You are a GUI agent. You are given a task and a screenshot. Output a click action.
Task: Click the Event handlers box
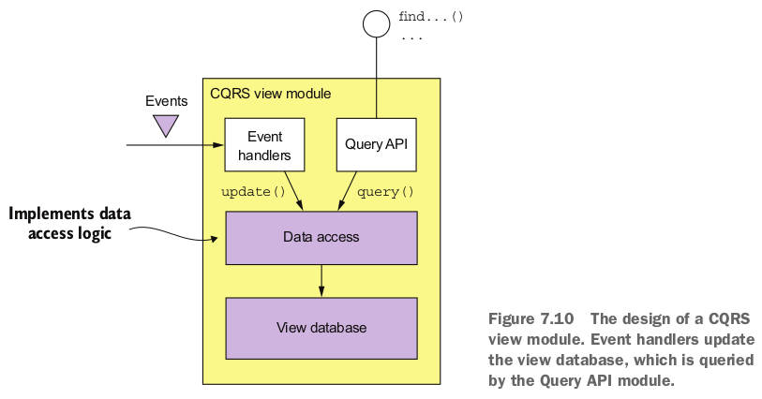click(264, 144)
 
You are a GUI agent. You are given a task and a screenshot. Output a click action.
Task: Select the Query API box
click(377, 144)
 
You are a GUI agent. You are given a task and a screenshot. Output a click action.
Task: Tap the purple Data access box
click(321, 237)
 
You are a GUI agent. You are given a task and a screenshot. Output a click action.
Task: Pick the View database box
click(321, 327)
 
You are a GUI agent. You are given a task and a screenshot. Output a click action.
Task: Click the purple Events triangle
click(167, 124)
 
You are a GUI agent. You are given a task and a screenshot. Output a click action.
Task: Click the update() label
click(252, 192)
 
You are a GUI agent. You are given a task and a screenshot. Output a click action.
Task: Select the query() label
click(386, 192)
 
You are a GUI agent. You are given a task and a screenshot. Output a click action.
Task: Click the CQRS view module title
click(270, 95)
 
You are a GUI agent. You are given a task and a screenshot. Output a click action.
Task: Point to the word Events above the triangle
click(167, 101)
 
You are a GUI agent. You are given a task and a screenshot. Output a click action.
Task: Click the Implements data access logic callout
click(69, 224)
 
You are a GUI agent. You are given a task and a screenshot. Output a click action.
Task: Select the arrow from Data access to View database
click(321, 278)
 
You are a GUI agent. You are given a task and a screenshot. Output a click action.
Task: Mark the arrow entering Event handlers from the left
click(173, 145)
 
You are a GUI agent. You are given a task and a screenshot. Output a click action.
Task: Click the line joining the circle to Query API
click(376, 75)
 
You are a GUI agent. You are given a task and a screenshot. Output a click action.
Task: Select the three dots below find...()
click(411, 37)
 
